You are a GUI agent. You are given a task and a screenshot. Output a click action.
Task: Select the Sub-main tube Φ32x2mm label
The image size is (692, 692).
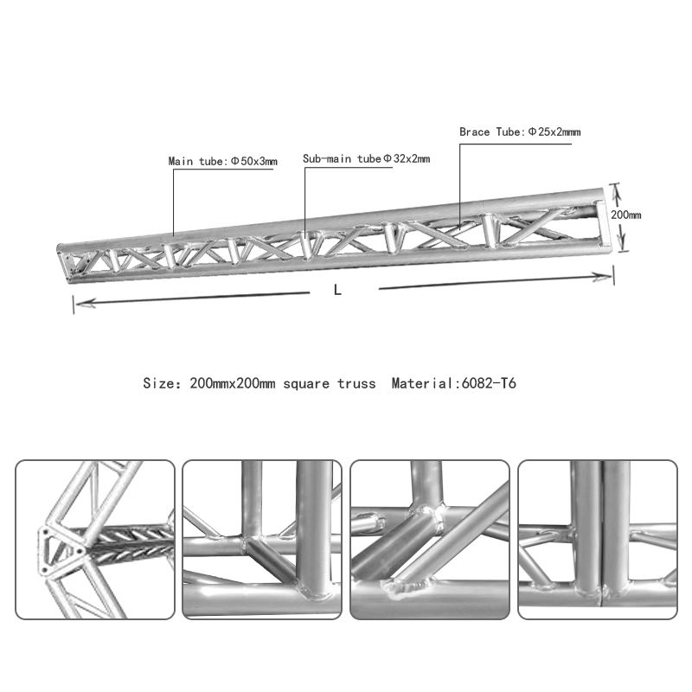point(366,159)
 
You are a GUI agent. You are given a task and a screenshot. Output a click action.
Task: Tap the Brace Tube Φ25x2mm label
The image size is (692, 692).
point(519,132)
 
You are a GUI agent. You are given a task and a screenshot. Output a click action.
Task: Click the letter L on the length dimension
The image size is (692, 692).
point(338,292)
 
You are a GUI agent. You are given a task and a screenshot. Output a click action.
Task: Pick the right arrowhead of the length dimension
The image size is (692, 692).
point(607,275)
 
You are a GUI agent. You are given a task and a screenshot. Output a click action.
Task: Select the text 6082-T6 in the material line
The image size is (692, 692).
point(490,382)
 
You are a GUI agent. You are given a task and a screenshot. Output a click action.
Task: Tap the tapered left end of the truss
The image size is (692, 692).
point(64,259)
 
